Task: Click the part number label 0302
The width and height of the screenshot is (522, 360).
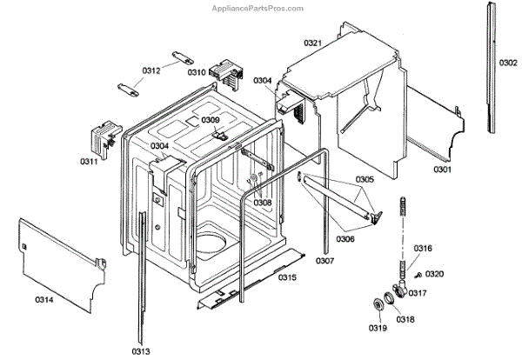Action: (508, 63)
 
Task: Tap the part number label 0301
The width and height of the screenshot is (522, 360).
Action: (443, 170)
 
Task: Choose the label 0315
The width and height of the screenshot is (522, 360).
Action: (288, 277)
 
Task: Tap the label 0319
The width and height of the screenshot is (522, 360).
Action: (376, 328)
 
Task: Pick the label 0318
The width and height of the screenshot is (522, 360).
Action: (406, 319)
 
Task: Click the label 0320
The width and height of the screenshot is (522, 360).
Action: (435, 274)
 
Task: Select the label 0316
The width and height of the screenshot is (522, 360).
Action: (422, 249)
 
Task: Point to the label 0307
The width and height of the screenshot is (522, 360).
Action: (325, 261)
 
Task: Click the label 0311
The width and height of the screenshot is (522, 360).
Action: (90, 162)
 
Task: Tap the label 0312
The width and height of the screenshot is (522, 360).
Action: (151, 70)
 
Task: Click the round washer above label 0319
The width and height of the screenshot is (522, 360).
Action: (379, 303)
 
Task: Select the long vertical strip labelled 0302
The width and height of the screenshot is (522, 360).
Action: (494, 70)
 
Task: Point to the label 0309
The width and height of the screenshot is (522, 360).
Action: (211, 120)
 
